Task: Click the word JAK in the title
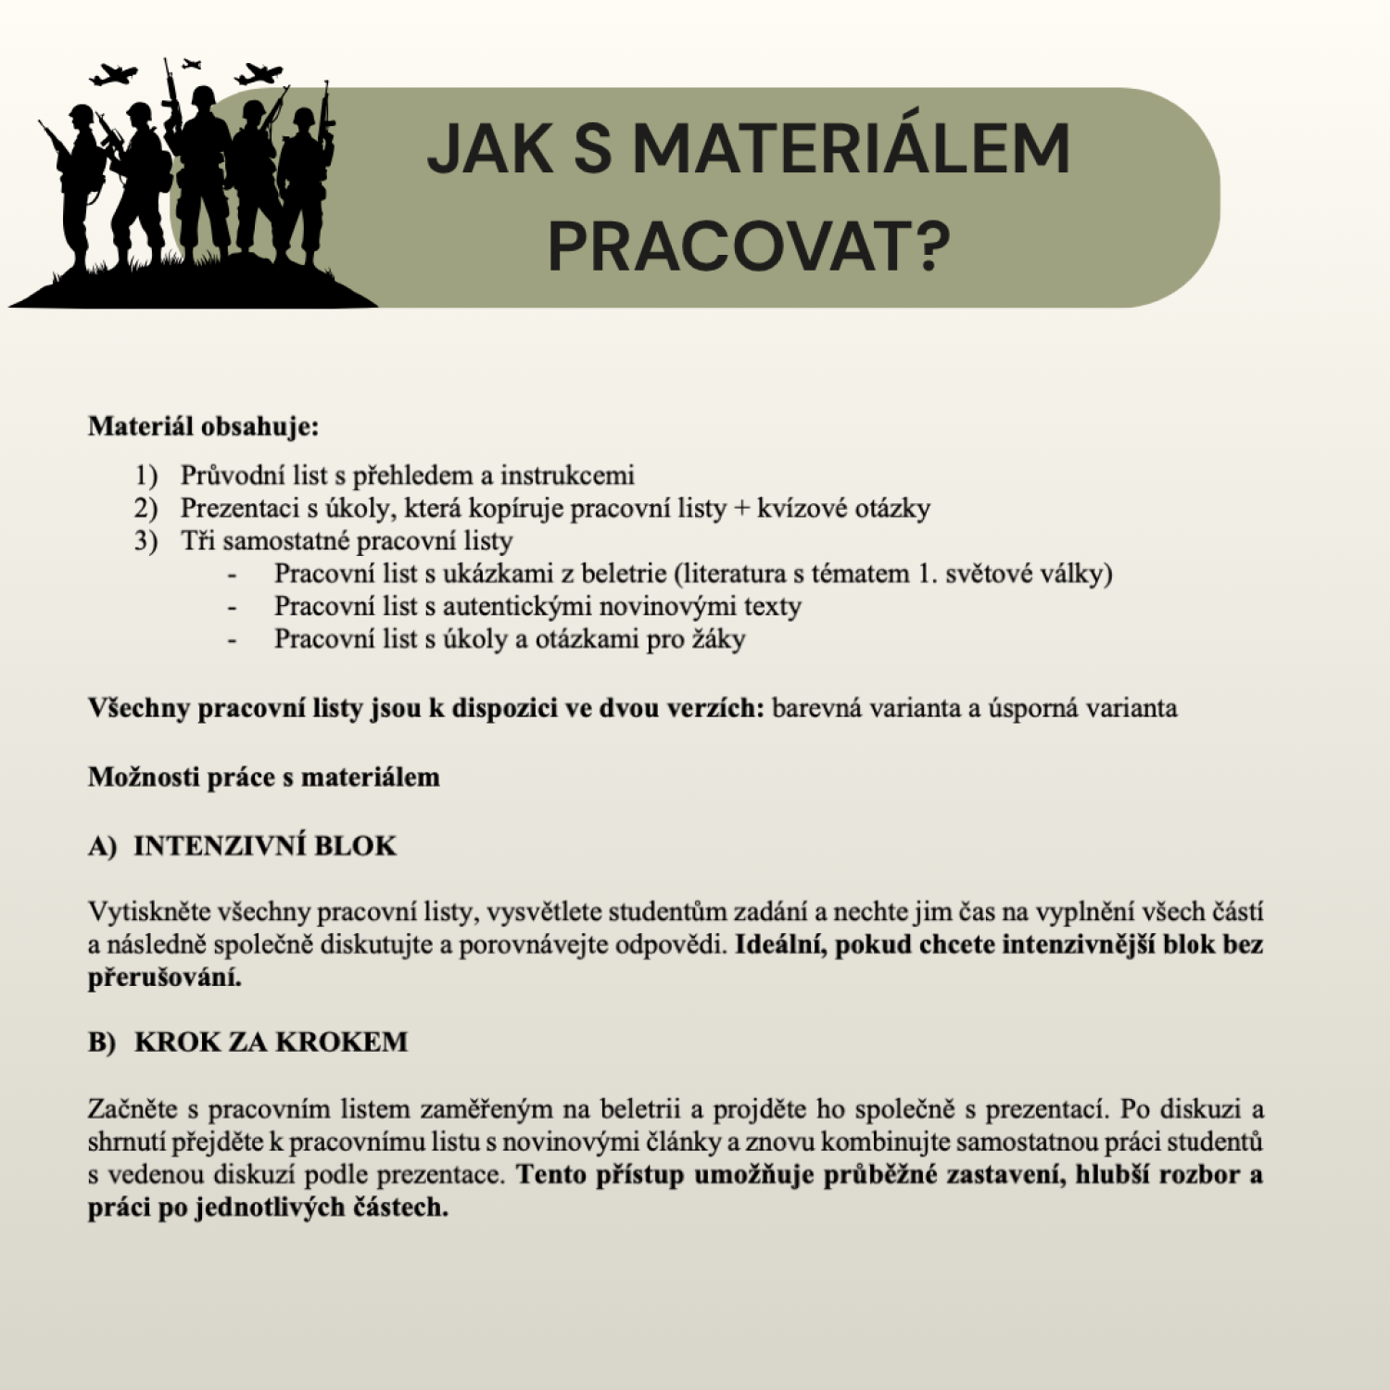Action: click(489, 149)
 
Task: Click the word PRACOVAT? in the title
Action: click(749, 246)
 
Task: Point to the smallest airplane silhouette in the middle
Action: click(192, 64)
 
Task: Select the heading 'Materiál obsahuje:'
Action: click(203, 426)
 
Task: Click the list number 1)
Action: click(145, 475)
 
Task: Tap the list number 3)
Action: click(145, 540)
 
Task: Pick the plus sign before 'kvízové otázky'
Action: click(740, 508)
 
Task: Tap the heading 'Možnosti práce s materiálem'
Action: click(263, 777)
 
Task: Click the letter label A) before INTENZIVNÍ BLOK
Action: click(102, 846)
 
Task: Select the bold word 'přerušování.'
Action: click(164, 978)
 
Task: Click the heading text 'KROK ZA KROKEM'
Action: click(271, 1042)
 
